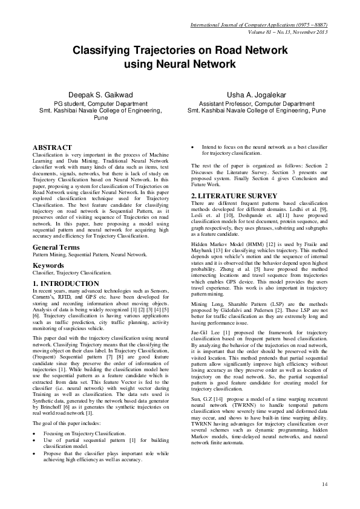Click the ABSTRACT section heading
click(53, 147)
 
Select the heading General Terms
click(58, 248)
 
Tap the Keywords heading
click(49, 265)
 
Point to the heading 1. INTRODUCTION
click(66, 283)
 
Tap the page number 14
click(324, 484)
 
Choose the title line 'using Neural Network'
click(180, 63)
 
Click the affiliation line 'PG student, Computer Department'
click(100, 104)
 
